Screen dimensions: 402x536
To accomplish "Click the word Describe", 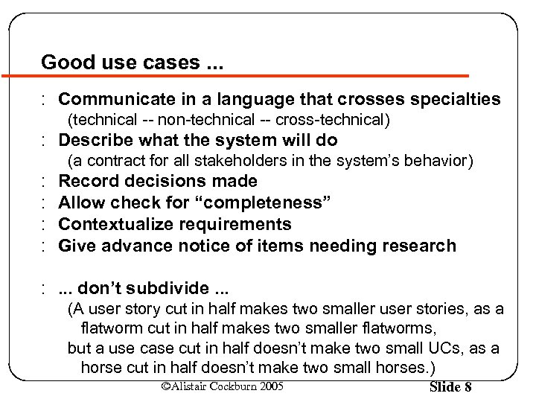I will [92, 140].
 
